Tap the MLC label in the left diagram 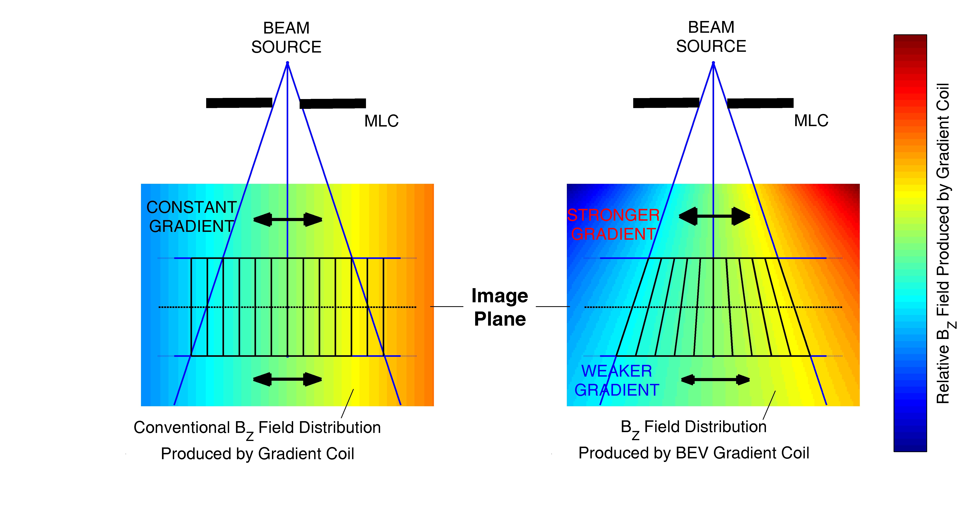click(x=381, y=121)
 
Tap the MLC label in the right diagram click(x=811, y=121)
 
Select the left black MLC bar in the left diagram click(x=239, y=103)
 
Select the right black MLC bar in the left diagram click(x=333, y=104)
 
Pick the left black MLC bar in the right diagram click(x=666, y=103)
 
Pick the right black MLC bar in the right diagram click(x=760, y=103)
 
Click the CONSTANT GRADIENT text click(x=191, y=217)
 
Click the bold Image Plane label click(x=500, y=307)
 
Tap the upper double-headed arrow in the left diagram click(x=287, y=219)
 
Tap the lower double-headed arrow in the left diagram click(x=287, y=379)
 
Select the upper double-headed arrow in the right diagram click(x=714, y=216)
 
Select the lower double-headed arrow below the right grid click(x=715, y=380)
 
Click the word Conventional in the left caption click(x=182, y=427)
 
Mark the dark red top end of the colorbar click(x=910, y=39)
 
